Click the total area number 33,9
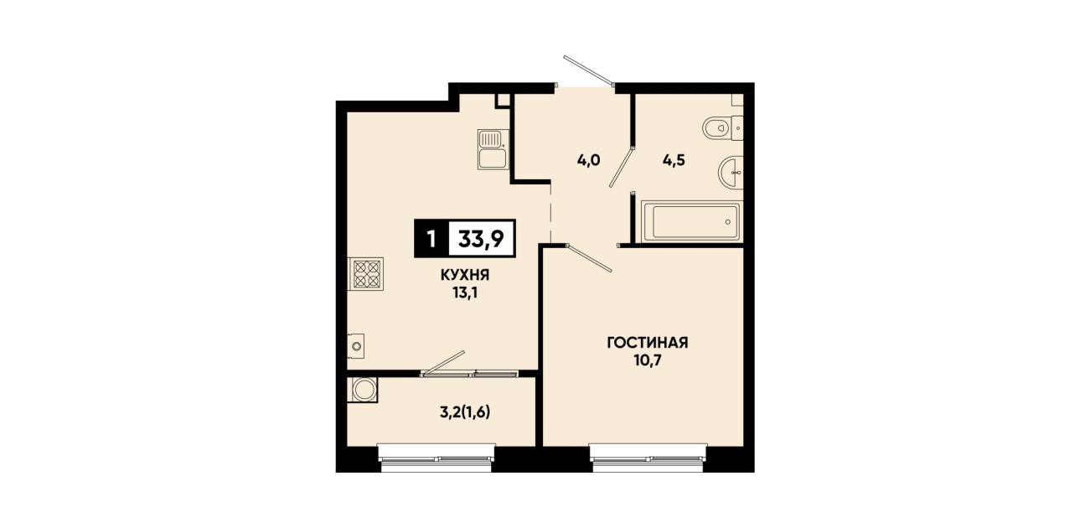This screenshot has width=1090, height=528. click(481, 239)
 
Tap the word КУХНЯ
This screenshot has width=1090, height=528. click(465, 276)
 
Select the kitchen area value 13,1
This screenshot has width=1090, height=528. click(465, 293)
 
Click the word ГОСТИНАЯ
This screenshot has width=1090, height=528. click(647, 343)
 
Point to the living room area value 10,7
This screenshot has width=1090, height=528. click(647, 360)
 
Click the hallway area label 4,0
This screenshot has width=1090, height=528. click(589, 160)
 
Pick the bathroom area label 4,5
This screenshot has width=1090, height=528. click(674, 160)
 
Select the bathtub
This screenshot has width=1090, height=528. click(691, 221)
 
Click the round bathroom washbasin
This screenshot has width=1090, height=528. click(731, 171)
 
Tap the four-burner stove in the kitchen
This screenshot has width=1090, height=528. click(366, 274)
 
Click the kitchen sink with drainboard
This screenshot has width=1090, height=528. click(493, 149)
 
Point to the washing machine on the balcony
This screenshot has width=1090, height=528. click(363, 390)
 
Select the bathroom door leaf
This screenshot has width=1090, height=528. click(622, 167)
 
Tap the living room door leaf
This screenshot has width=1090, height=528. click(590, 258)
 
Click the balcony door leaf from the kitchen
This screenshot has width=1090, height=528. click(443, 363)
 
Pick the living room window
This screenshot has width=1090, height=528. click(648, 458)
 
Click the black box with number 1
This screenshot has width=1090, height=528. click(431, 239)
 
